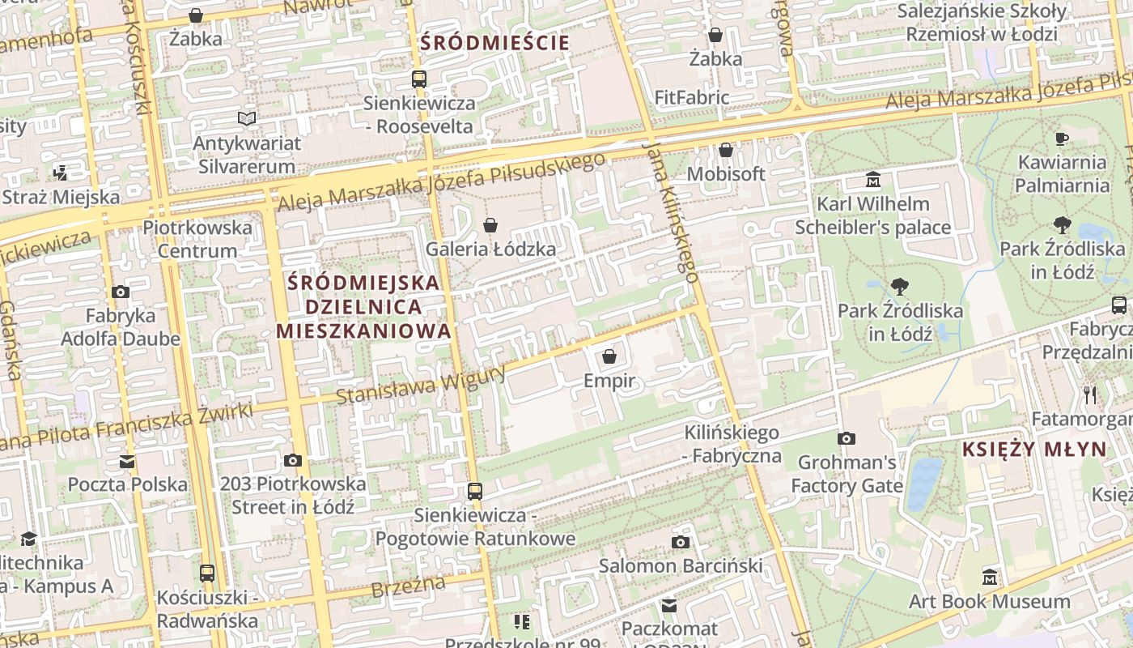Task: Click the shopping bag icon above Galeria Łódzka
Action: pos(490,225)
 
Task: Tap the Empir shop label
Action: pos(609,381)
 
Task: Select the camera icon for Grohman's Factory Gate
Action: pos(847,438)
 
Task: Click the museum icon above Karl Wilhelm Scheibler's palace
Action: pos(872,179)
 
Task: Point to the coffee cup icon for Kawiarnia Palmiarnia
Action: pos(1062,139)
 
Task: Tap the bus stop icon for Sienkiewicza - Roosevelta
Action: pos(418,79)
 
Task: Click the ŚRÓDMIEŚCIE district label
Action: pos(495,43)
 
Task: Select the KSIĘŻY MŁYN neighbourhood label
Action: pos(1033,450)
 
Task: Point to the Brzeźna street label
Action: pos(409,586)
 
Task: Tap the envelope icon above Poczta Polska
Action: pos(127,462)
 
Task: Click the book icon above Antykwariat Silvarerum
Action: pos(247,119)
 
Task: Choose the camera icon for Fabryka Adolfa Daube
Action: pos(121,292)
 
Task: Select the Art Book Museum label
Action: pos(989,601)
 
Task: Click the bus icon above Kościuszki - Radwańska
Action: pos(207,573)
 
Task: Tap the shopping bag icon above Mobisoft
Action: pos(726,151)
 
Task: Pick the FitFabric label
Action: pos(692,98)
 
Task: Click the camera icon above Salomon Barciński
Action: pos(681,542)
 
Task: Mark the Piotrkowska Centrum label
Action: pos(197,239)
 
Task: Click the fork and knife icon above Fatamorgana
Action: pos(1090,394)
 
